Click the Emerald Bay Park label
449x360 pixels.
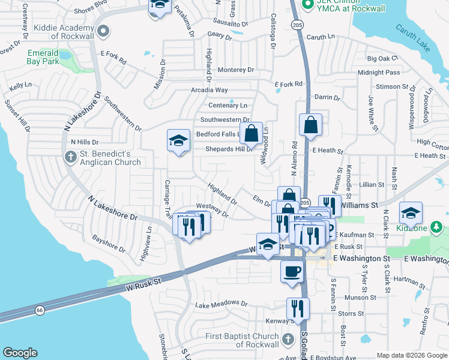click(x=43, y=57)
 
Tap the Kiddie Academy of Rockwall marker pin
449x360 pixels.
click(x=103, y=32)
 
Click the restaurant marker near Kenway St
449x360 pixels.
click(x=297, y=308)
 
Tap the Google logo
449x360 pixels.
click(x=20, y=353)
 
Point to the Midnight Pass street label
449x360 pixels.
click(x=379, y=73)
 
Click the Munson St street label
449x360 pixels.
click(x=360, y=297)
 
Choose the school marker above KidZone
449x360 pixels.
click(x=411, y=212)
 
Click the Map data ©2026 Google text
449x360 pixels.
click(x=412, y=355)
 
